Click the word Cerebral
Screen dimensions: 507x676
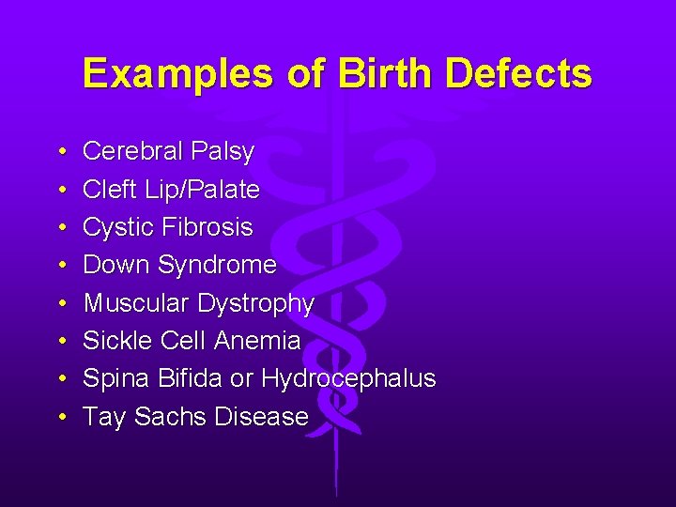[x=133, y=151]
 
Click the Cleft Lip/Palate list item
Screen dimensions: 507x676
[x=171, y=190]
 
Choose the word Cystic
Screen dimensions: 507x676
[x=116, y=228]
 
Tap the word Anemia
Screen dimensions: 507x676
[x=259, y=341]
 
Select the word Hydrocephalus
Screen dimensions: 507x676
[x=348, y=379]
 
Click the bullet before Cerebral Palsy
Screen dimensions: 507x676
[x=59, y=152]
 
